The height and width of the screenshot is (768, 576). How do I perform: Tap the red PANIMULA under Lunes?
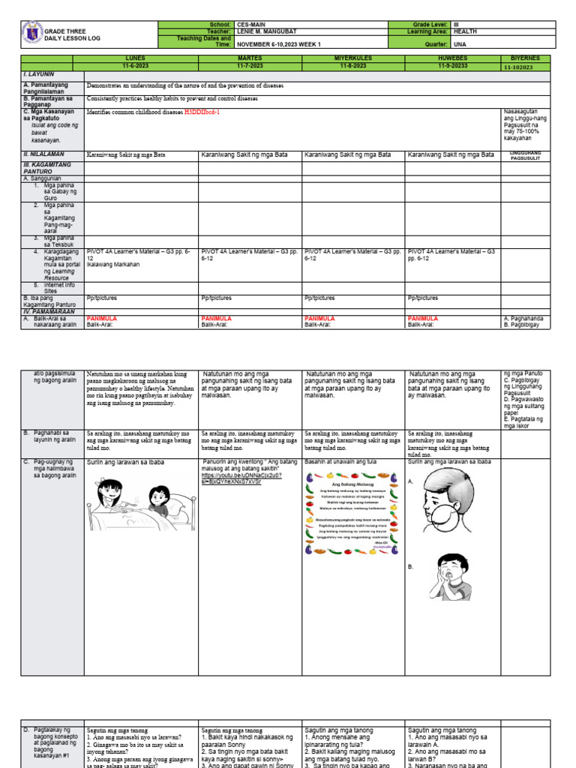pyautogui.click(x=102, y=319)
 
